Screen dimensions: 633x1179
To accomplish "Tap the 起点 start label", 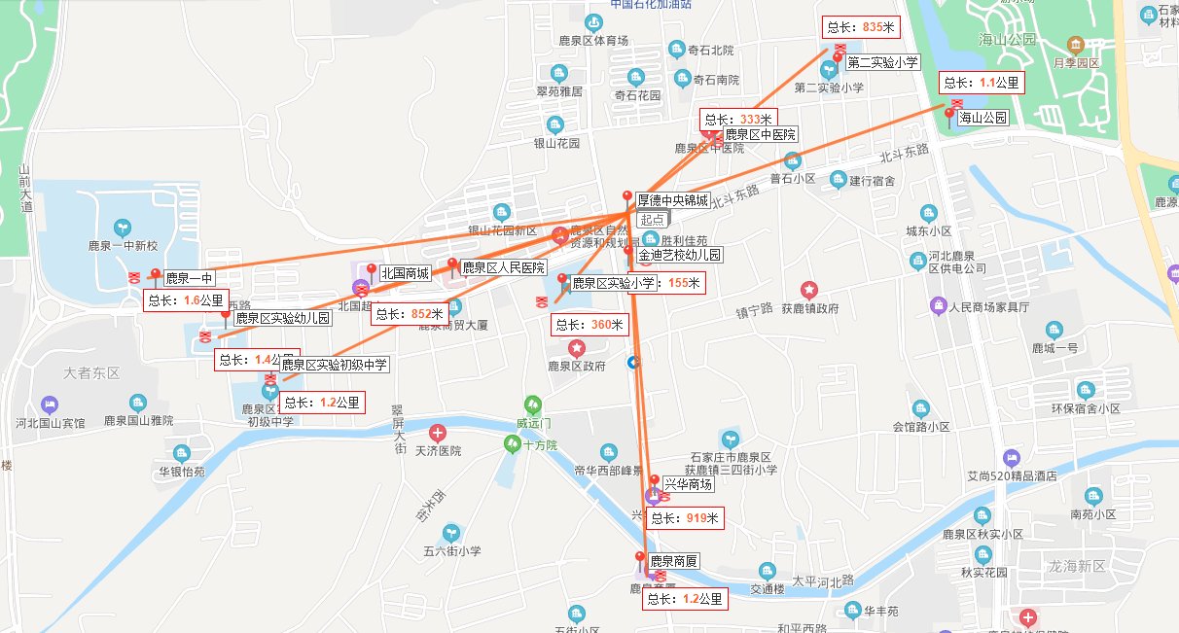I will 652,220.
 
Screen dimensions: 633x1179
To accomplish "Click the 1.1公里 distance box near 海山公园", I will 981,83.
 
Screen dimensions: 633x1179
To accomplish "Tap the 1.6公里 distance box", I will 186,300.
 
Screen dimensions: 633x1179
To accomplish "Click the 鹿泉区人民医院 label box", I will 503,267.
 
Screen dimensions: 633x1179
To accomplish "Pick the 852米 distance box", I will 410,314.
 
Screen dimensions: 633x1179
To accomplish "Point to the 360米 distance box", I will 589,325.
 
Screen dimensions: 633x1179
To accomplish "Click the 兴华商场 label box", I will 689,483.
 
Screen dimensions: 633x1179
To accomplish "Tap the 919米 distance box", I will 685,519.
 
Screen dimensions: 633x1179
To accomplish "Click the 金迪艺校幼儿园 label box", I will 681,255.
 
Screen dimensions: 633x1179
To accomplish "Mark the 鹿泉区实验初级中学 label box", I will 335,365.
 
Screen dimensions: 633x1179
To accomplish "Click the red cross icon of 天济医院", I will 439,432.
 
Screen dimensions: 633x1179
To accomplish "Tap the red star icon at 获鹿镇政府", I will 809,289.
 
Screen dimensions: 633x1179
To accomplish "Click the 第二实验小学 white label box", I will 883,62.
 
